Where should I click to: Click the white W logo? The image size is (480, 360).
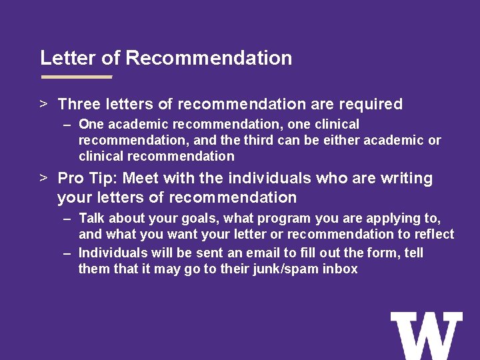tap(426, 335)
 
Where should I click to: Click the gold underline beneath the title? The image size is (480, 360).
tap(76, 77)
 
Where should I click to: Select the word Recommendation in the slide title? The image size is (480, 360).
tap(209, 58)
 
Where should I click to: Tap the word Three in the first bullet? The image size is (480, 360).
tap(78, 104)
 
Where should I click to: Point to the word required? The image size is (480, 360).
tap(371, 104)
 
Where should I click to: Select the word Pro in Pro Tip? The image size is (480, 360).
tap(70, 179)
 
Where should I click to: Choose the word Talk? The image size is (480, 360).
tap(92, 218)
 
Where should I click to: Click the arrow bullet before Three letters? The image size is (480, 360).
tap(43, 104)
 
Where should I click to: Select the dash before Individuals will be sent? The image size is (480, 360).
tap(68, 253)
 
